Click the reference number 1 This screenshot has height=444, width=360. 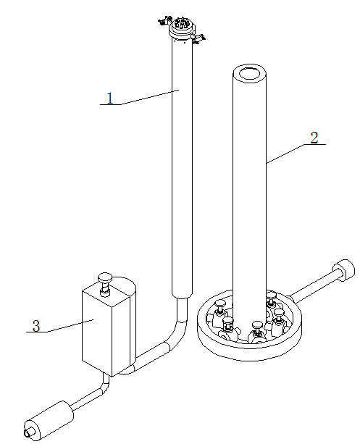110,99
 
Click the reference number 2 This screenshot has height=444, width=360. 314,138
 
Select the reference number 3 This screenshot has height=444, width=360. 35,327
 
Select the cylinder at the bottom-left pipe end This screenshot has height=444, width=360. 49,419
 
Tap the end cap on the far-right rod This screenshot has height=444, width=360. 342,273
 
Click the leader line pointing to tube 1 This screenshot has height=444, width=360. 148,97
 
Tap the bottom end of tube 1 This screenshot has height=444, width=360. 181,293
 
